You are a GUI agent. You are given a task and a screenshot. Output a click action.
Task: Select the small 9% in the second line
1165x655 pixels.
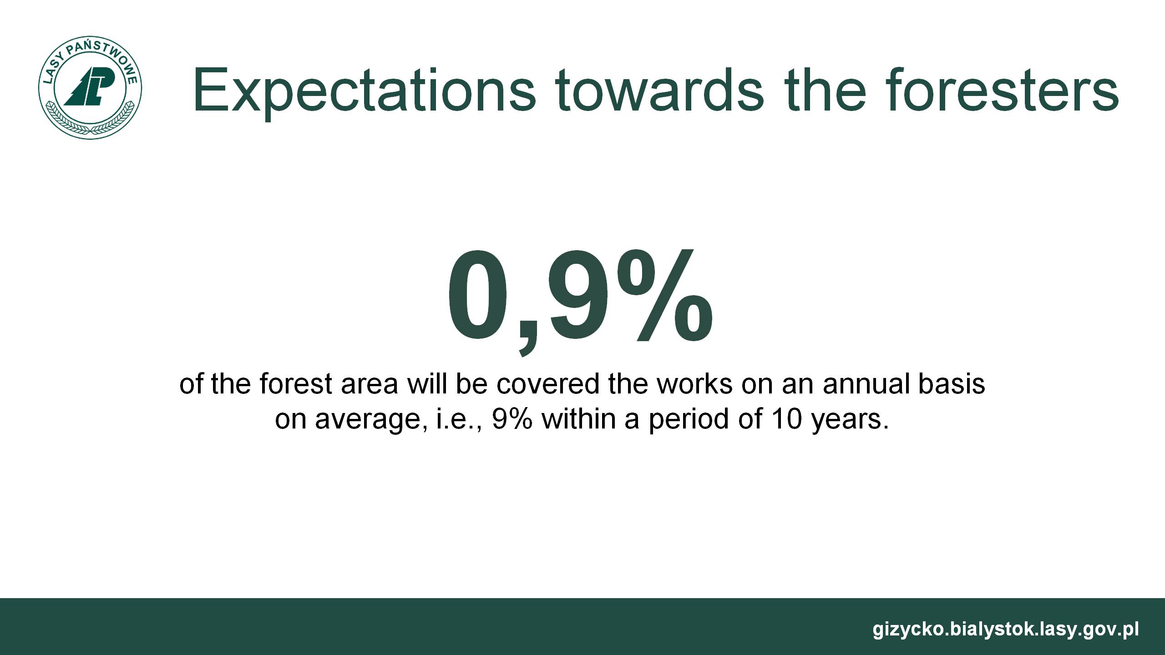[x=512, y=419]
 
